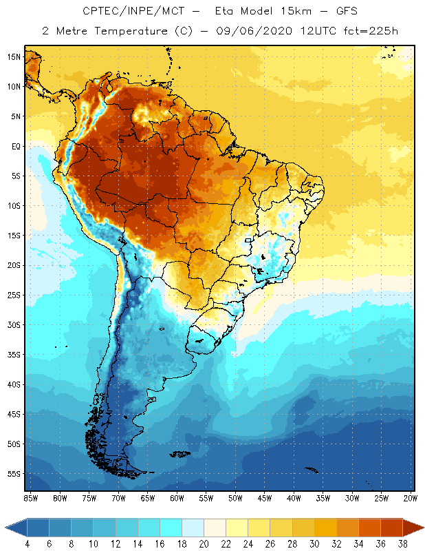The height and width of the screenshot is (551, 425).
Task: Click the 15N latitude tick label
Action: point(14,56)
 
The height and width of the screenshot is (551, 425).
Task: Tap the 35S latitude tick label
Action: point(14,355)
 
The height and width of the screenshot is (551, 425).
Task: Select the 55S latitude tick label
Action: point(14,474)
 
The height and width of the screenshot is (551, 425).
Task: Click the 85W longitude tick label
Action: point(30,497)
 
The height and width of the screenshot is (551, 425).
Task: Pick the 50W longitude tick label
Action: point(236,497)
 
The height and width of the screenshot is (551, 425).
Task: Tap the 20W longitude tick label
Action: point(411,497)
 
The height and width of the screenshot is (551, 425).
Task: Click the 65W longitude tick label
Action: point(148,497)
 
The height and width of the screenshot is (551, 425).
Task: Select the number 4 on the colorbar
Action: point(27,544)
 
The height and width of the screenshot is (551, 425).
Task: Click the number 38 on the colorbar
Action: point(401,544)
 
